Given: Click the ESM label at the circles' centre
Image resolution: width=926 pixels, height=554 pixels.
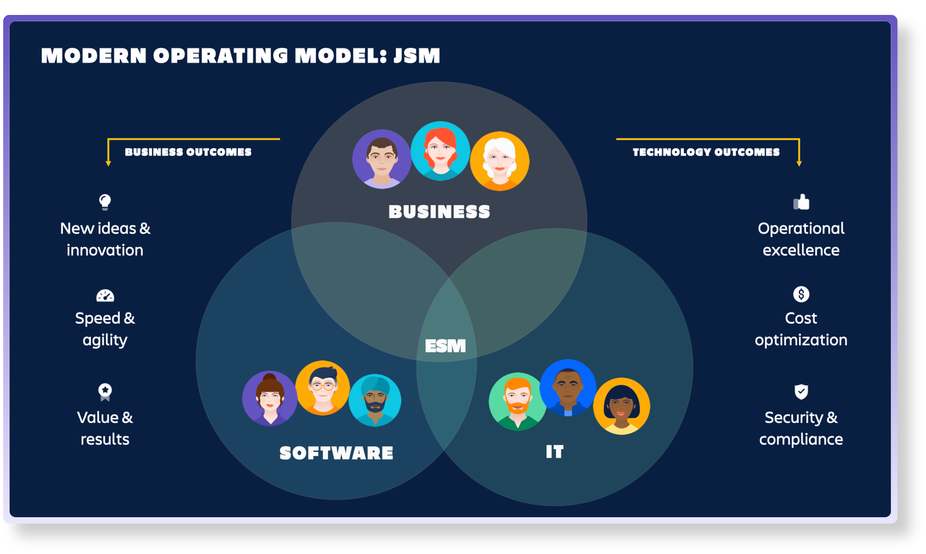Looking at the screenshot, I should point(445,346).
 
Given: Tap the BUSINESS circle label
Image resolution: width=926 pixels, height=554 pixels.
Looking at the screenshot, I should point(439,212).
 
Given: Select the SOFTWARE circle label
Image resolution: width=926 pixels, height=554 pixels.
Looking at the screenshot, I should point(336,453).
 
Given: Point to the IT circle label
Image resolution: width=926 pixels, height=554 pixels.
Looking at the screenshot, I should point(554,452).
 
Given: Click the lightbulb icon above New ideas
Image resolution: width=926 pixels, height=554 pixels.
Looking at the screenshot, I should point(105,202).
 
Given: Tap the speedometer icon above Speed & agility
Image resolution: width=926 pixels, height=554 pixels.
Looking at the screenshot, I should point(105,295).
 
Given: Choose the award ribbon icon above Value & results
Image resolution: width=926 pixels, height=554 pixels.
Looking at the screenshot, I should point(105,392).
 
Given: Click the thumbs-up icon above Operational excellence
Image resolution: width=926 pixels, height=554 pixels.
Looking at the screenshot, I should point(801,202).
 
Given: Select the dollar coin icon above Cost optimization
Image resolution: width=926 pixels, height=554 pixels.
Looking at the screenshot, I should point(801,294).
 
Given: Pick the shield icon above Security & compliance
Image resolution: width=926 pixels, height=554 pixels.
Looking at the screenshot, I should point(801,391).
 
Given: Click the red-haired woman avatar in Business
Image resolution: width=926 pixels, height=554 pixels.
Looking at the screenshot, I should point(440,151).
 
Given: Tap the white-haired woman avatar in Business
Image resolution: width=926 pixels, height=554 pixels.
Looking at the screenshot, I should point(500,161).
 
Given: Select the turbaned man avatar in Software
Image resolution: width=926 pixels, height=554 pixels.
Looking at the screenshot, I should point(375,400).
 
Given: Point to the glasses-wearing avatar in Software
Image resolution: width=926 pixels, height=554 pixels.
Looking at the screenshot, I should point(323,388).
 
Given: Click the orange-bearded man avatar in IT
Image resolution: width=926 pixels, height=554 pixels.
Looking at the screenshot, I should point(517,402).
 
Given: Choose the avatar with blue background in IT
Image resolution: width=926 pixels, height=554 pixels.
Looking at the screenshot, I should point(568,388).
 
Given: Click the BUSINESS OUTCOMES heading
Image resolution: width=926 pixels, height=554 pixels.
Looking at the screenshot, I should point(188,152).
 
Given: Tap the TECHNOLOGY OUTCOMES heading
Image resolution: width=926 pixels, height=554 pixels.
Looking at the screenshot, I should point(706,152).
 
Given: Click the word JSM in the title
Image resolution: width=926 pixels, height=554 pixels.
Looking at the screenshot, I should point(417,55).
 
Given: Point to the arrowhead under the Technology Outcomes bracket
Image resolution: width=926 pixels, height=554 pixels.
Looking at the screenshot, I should point(799,163).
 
